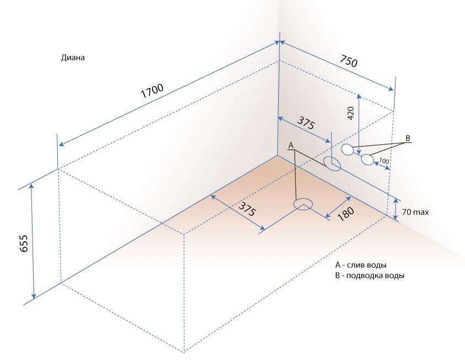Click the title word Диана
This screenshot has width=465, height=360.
[73, 57]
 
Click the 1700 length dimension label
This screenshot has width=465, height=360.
[152, 91]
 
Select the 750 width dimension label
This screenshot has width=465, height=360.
[348, 61]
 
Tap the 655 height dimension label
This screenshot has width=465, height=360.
[24, 243]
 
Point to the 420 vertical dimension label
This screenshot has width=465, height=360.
[350, 113]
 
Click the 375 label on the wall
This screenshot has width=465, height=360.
[305, 123]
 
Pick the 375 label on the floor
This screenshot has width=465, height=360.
[247, 209]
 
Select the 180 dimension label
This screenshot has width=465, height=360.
[345, 214]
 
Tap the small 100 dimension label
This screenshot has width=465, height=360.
[384, 161]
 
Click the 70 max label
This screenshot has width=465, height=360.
[415, 212]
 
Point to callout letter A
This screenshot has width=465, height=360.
[291, 145]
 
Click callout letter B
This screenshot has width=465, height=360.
[408, 138]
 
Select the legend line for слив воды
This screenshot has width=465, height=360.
[361, 265]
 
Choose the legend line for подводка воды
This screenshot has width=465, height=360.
[370, 276]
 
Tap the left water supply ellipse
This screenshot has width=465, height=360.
[347, 150]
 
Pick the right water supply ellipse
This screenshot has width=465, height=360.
[367, 160]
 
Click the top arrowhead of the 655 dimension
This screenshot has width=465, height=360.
[32, 185]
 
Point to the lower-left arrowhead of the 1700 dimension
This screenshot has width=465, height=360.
[61, 144]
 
